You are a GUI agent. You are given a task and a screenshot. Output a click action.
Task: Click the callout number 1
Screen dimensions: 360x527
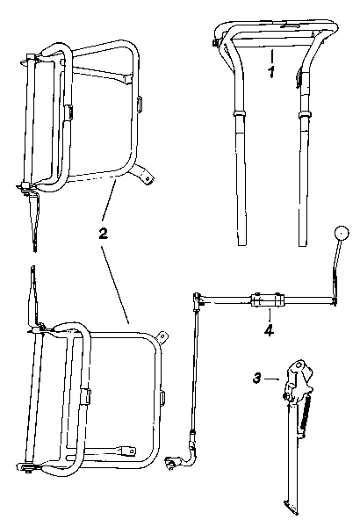coord(271,72)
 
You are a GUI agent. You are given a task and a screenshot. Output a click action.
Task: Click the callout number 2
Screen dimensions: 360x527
coord(104,233)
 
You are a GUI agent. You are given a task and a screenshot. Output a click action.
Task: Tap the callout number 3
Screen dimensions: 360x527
coord(256,379)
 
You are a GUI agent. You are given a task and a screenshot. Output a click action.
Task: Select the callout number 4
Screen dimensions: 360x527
coord(269,330)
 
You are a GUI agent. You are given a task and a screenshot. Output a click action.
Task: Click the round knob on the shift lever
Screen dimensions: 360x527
coord(342,233)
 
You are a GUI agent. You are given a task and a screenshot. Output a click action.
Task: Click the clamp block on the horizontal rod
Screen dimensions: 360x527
coord(267,300)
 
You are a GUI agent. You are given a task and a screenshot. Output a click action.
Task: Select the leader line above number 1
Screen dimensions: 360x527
coord(271,56)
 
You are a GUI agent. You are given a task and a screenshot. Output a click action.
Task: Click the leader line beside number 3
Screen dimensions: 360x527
coord(272,379)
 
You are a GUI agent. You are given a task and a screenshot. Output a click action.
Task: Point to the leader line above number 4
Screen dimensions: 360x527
coord(269,315)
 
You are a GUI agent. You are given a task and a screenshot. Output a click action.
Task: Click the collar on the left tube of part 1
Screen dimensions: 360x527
coord(240,112)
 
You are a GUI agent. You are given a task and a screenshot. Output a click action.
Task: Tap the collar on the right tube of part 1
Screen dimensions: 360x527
coord(306,115)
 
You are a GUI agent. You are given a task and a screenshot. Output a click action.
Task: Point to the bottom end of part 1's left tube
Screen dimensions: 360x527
coord(242,244)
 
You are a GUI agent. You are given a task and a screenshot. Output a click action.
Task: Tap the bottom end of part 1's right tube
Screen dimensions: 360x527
coord(303,244)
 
